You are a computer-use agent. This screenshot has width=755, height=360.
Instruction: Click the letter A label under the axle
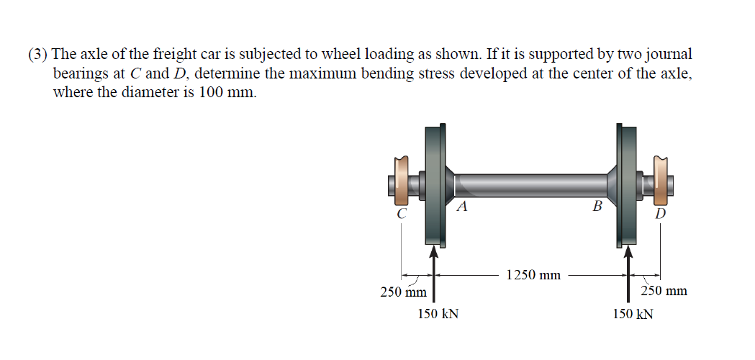click(x=463, y=207)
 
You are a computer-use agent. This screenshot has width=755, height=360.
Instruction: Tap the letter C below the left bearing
click(x=402, y=214)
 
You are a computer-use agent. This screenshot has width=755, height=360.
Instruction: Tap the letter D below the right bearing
click(x=661, y=214)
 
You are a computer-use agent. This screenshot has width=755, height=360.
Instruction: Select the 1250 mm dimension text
click(x=533, y=275)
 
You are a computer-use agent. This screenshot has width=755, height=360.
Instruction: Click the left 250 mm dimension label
click(x=403, y=292)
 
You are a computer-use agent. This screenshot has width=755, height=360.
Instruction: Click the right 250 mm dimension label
click(x=664, y=292)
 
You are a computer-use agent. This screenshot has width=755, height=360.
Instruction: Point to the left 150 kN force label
click(x=438, y=314)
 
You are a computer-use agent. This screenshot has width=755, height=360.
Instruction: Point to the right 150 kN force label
click(x=633, y=314)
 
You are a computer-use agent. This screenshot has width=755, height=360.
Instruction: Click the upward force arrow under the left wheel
click(x=433, y=274)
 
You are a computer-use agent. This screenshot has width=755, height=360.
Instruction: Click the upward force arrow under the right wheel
click(x=628, y=274)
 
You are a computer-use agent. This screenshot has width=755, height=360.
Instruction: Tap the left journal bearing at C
click(x=400, y=181)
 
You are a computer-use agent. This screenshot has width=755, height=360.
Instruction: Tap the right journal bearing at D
click(x=660, y=180)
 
